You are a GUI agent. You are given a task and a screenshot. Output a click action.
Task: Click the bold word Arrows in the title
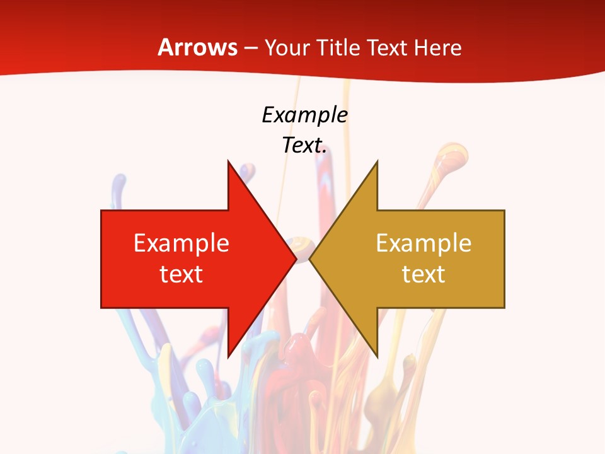pos(197,47)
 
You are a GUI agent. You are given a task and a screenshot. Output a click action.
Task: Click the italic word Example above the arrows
pos(304,115)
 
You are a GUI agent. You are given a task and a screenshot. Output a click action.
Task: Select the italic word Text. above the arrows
pos(304,146)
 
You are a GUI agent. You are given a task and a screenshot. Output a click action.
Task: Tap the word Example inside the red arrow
pos(181,243)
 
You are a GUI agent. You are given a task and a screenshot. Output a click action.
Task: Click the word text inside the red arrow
pos(181,274)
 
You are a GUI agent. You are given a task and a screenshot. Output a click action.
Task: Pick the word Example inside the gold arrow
pos(423,243)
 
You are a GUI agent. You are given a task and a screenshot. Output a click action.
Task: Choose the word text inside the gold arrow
pos(423,274)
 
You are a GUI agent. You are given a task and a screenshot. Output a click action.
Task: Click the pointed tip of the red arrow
pos(295,259)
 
